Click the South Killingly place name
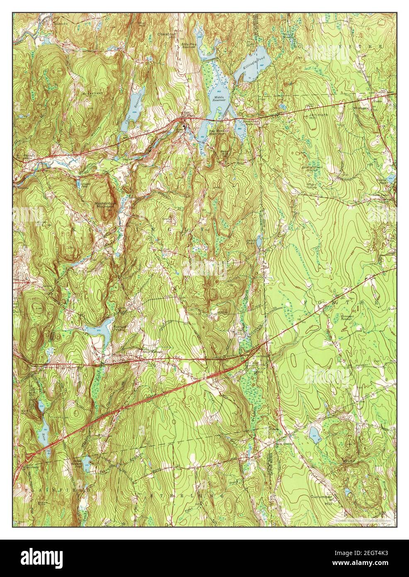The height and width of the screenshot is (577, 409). (x=151, y=352)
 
